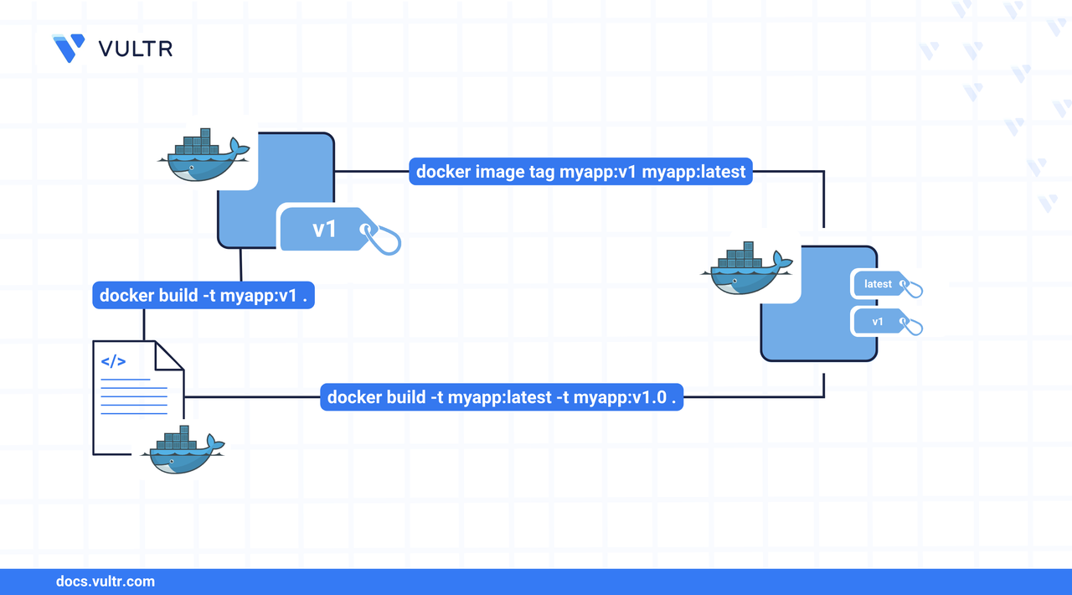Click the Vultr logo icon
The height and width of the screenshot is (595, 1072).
[x=69, y=49]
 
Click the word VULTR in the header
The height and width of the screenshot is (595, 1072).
[x=136, y=49]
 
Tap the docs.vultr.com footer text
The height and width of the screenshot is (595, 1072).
[x=105, y=581]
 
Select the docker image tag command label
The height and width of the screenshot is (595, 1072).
[x=580, y=172]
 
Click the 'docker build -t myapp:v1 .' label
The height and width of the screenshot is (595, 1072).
[x=203, y=295]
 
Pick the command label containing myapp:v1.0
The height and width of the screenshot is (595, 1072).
[x=502, y=397]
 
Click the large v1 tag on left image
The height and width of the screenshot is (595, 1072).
[x=325, y=228]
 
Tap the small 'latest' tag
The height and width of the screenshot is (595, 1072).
[x=878, y=284]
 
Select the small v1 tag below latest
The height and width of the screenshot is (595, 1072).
[x=878, y=322]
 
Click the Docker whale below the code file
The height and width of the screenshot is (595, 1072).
[x=180, y=450]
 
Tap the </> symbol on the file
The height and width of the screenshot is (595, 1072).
[x=113, y=362]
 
